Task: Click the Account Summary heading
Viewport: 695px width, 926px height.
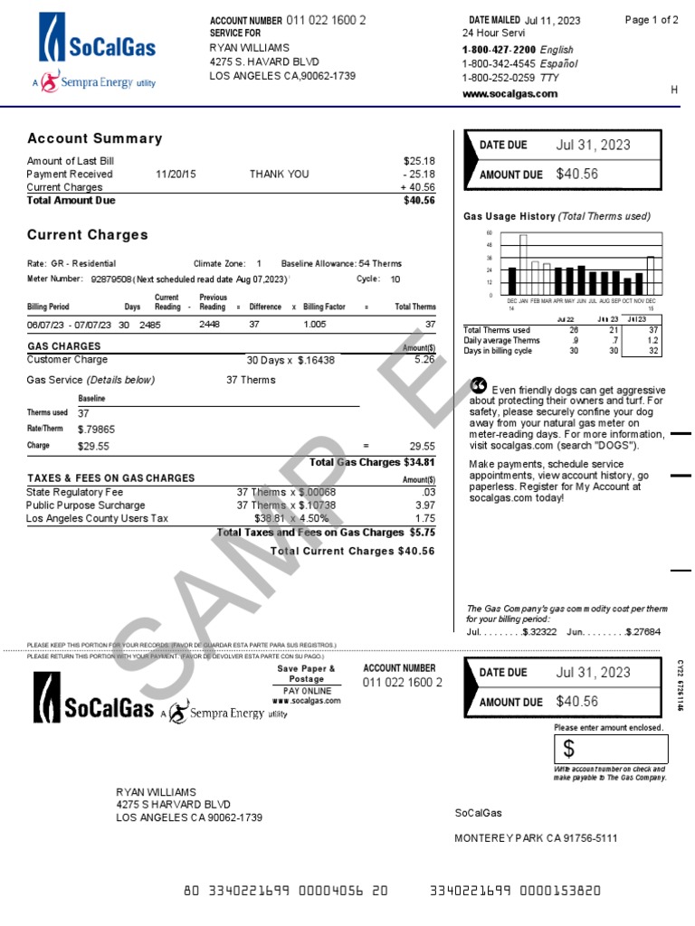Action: point(95,138)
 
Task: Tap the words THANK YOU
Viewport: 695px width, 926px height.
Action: point(279,174)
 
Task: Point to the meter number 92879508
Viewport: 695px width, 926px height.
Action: point(111,279)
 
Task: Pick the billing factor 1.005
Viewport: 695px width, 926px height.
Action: point(315,324)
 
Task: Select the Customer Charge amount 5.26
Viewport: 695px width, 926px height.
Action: point(424,359)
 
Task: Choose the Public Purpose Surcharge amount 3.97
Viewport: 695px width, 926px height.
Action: point(425,506)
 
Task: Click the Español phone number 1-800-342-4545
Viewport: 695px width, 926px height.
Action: point(500,64)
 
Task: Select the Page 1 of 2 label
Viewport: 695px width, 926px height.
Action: point(652,20)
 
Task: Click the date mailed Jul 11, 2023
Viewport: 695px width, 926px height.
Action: point(553,20)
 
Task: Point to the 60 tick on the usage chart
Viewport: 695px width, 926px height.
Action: point(490,233)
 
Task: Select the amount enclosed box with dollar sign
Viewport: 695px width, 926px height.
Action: point(611,749)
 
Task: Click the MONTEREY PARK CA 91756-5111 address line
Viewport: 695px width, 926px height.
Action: point(536,838)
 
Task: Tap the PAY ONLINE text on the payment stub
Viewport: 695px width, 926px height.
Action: point(306,691)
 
